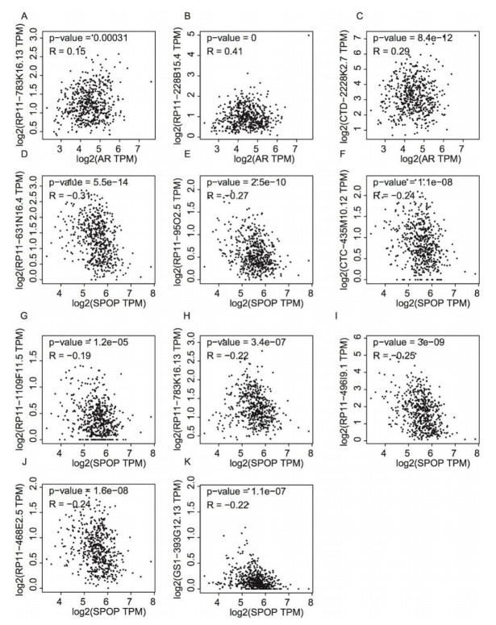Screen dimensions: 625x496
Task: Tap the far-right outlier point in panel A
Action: (x=150, y=81)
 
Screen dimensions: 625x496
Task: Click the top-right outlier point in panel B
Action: (x=308, y=35)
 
